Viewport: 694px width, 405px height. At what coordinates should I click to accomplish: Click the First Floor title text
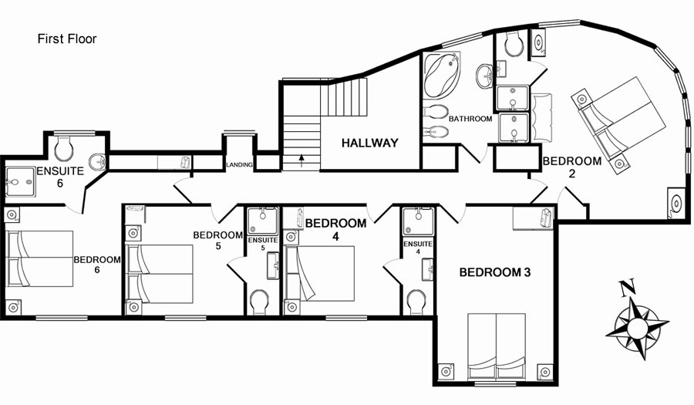click(67, 39)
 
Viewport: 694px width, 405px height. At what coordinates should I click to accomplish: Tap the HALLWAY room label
click(369, 143)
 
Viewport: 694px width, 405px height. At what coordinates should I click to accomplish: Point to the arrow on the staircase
click(302, 160)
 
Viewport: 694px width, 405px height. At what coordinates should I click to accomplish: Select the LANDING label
click(239, 164)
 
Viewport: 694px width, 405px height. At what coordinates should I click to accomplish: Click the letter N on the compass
click(627, 287)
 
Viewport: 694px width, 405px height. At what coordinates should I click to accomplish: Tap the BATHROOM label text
click(470, 119)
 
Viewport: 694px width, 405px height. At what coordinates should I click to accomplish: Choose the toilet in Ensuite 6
click(63, 148)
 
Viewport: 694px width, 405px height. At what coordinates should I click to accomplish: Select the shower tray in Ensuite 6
click(20, 181)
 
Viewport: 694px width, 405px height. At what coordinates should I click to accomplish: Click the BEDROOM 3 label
click(495, 272)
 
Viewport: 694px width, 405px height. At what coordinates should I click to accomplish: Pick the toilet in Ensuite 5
click(259, 302)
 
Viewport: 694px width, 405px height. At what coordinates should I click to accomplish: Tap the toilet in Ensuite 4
click(416, 302)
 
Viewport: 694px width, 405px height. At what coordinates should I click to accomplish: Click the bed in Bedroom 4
click(319, 274)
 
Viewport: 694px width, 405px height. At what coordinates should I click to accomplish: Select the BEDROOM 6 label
click(97, 265)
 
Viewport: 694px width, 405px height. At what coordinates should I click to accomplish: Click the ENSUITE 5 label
click(263, 244)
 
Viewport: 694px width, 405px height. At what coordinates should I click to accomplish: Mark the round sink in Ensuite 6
click(97, 162)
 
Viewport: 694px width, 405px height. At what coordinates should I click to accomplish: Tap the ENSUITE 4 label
click(418, 248)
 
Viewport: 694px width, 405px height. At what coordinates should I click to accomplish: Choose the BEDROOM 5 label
click(217, 240)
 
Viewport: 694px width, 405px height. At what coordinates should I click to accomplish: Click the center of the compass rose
click(638, 328)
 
